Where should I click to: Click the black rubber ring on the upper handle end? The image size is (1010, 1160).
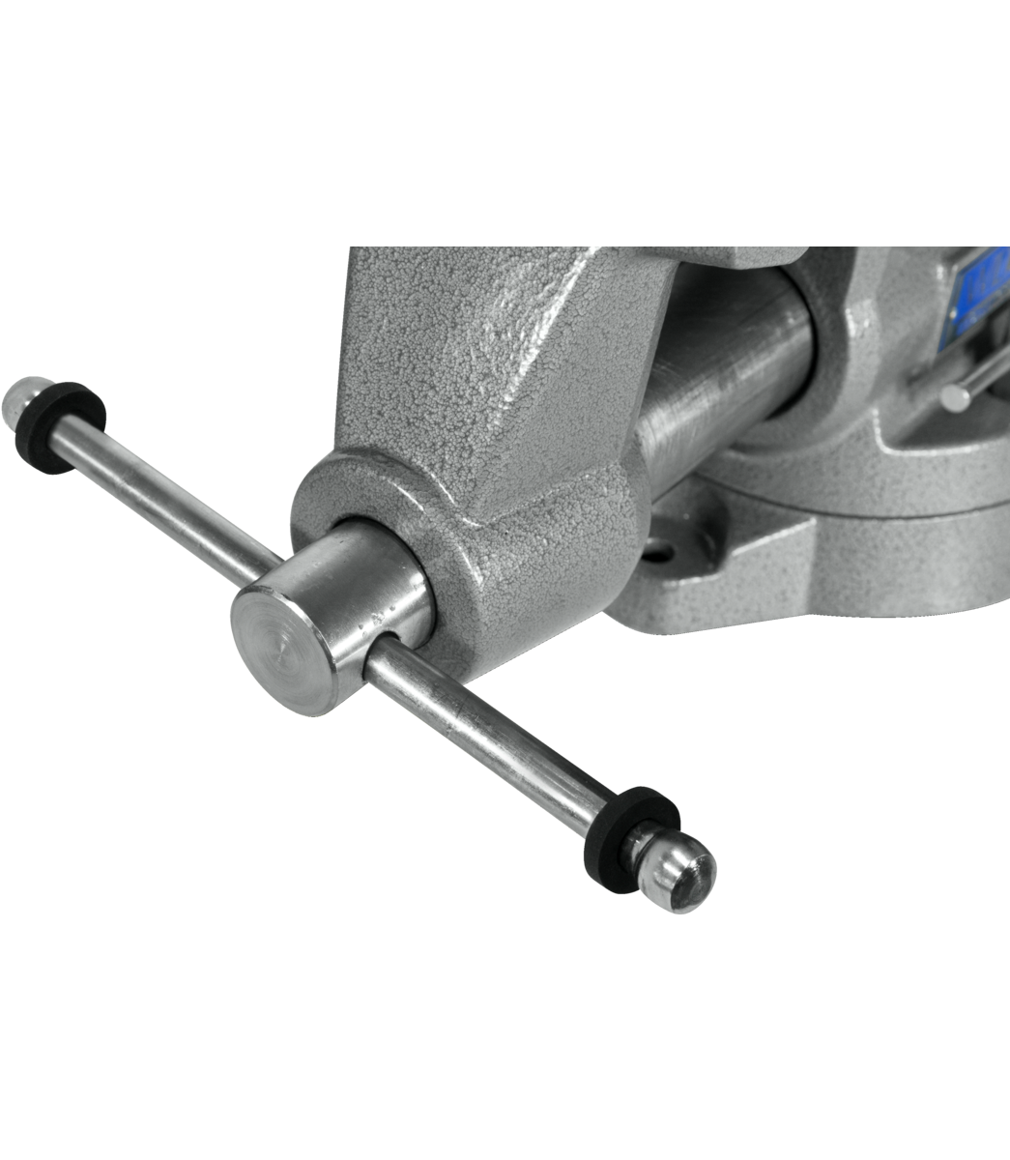point(60,426)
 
